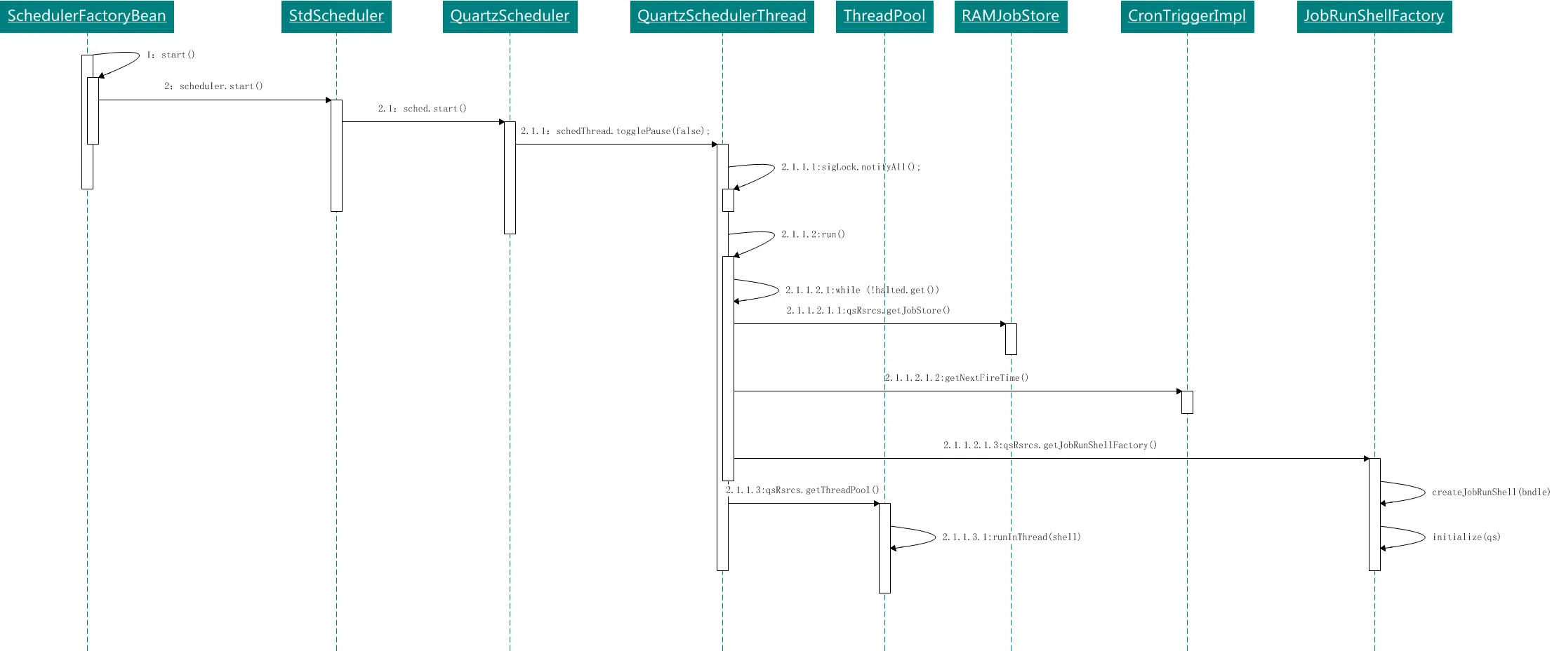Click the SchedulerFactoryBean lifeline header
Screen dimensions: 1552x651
tap(87, 16)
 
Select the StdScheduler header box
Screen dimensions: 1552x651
tap(336, 16)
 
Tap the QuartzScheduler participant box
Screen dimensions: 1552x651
tap(510, 16)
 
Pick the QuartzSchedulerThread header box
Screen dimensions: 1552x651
tap(722, 16)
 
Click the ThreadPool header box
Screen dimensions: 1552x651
tap(884, 16)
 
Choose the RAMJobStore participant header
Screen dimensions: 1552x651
tap(1011, 16)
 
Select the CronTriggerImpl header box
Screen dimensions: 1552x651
tap(1187, 16)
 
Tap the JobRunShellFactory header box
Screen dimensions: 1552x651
tap(1374, 16)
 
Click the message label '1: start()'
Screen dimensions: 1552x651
tap(171, 55)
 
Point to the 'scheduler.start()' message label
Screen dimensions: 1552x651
tap(221, 86)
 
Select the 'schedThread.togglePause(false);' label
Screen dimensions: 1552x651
tap(633, 131)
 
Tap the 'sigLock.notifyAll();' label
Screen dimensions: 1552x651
tap(871, 167)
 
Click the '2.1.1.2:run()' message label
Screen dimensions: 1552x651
tap(814, 234)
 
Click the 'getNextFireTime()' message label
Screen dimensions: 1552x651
tap(986, 377)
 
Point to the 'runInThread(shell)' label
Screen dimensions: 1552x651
tap(1037, 537)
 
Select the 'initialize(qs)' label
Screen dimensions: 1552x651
tap(1466, 537)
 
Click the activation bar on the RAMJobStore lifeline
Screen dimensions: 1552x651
tap(1011, 339)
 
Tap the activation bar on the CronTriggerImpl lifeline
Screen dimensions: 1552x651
tap(1187, 402)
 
